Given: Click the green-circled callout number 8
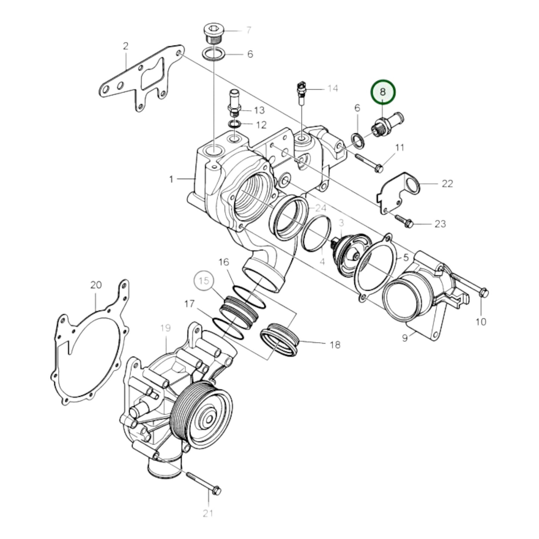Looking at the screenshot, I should coord(382,92).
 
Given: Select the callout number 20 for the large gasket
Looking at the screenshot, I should coord(95,285).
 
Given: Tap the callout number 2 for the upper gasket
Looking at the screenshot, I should coord(126,46).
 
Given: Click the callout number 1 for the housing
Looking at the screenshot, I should coord(171,180).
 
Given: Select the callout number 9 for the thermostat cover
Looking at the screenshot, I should coord(405,338).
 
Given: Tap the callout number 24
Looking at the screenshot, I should coord(322,208).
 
